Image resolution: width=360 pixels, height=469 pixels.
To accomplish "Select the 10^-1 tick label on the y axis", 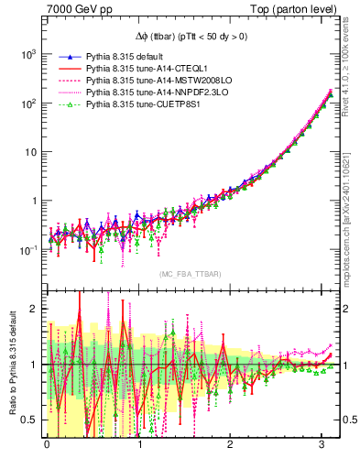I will point(27,249).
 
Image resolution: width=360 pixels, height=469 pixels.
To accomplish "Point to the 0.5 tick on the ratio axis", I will point(30,420).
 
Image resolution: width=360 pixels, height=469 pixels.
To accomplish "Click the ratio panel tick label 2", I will point(35,309).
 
